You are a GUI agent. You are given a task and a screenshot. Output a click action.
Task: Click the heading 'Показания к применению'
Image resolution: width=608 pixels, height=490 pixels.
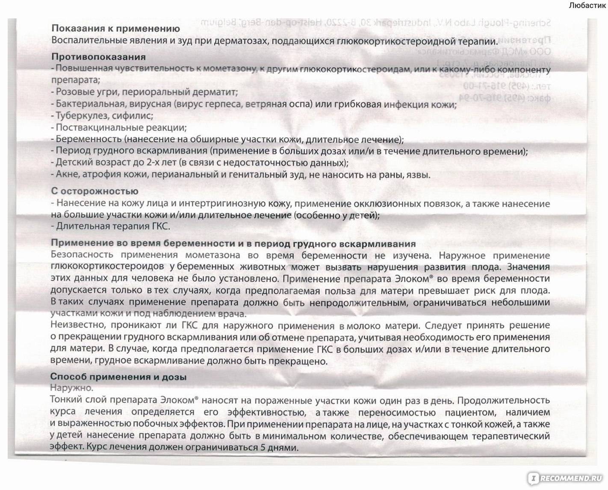pos(115,29)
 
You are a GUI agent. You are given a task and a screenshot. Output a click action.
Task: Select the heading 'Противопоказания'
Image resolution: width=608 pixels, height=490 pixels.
pos(98,57)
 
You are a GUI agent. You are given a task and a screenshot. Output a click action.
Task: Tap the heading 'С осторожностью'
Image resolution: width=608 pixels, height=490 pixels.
pos(94,192)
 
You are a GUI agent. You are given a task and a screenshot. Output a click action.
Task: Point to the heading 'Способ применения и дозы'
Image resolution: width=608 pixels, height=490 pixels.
pos(118,377)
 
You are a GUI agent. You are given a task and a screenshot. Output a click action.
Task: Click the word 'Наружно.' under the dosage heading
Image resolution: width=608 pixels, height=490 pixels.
pos(71,388)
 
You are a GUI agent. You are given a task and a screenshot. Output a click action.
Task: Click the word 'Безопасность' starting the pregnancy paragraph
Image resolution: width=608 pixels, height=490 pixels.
pos(82,255)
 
